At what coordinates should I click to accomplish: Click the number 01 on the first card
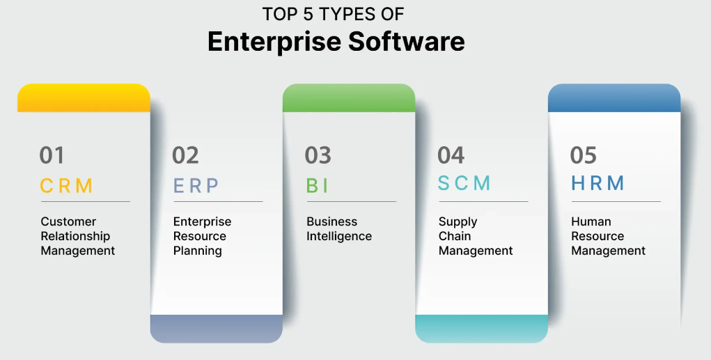pyautogui.click(x=52, y=155)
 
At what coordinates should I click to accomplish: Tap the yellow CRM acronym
pyautogui.click(x=66, y=185)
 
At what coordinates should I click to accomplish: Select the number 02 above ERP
pyautogui.click(x=185, y=155)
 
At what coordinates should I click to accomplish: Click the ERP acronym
pyautogui.click(x=196, y=185)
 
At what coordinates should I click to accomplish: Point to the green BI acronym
pyautogui.click(x=317, y=185)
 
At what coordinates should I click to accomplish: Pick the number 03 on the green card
pyautogui.click(x=318, y=155)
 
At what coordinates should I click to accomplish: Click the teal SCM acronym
pyautogui.click(x=464, y=183)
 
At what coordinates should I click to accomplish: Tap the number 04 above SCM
pyautogui.click(x=451, y=155)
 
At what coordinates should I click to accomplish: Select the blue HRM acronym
pyautogui.click(x=597, y=183)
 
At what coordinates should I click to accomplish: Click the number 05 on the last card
pyautogui.click(x=584, y=155)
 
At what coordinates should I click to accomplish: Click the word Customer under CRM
pyautogui.click(x=68, y=221)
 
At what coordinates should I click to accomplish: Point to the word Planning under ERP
pyautogui.click(x=198, y=251)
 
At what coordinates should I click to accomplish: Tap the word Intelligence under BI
pyautogui.click(x=339, y=236)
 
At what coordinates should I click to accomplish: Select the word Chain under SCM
pyautogui.click(x=455, y=236)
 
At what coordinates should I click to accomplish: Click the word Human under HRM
pyautogui.click(x=591, y=221)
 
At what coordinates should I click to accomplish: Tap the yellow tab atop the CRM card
pyautogui.click(x=84, y=98)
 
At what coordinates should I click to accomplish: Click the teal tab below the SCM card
pyautogui.click(x=481, y=329)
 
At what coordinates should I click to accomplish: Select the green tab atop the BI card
pyautogui.click(x=348, y=98)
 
